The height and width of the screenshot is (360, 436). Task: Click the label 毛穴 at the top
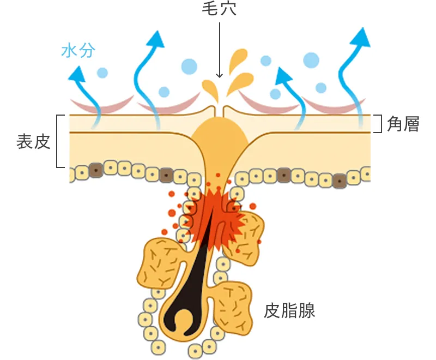[219, 10]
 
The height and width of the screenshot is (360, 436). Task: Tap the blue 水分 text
[78, 51]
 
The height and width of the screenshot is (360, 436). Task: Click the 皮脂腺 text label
[289, 311]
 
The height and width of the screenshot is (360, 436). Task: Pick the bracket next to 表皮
[60, 141]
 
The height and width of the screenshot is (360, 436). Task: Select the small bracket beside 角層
[378, 124]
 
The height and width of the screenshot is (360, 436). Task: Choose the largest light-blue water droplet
[311, 59]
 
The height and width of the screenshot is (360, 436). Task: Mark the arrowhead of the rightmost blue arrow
[360, 37]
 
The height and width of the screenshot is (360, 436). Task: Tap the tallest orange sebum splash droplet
[238, 60]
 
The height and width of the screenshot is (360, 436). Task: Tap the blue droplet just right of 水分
[102, 72]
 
